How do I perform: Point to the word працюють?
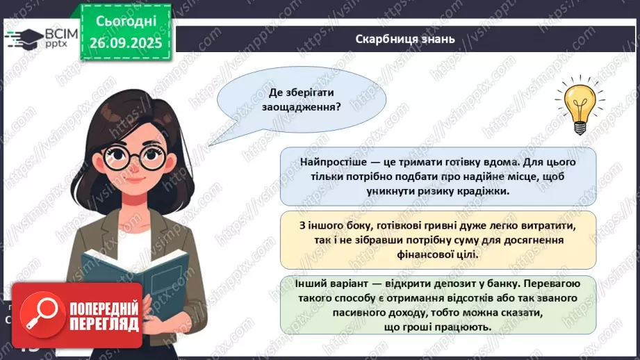[465, 327]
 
